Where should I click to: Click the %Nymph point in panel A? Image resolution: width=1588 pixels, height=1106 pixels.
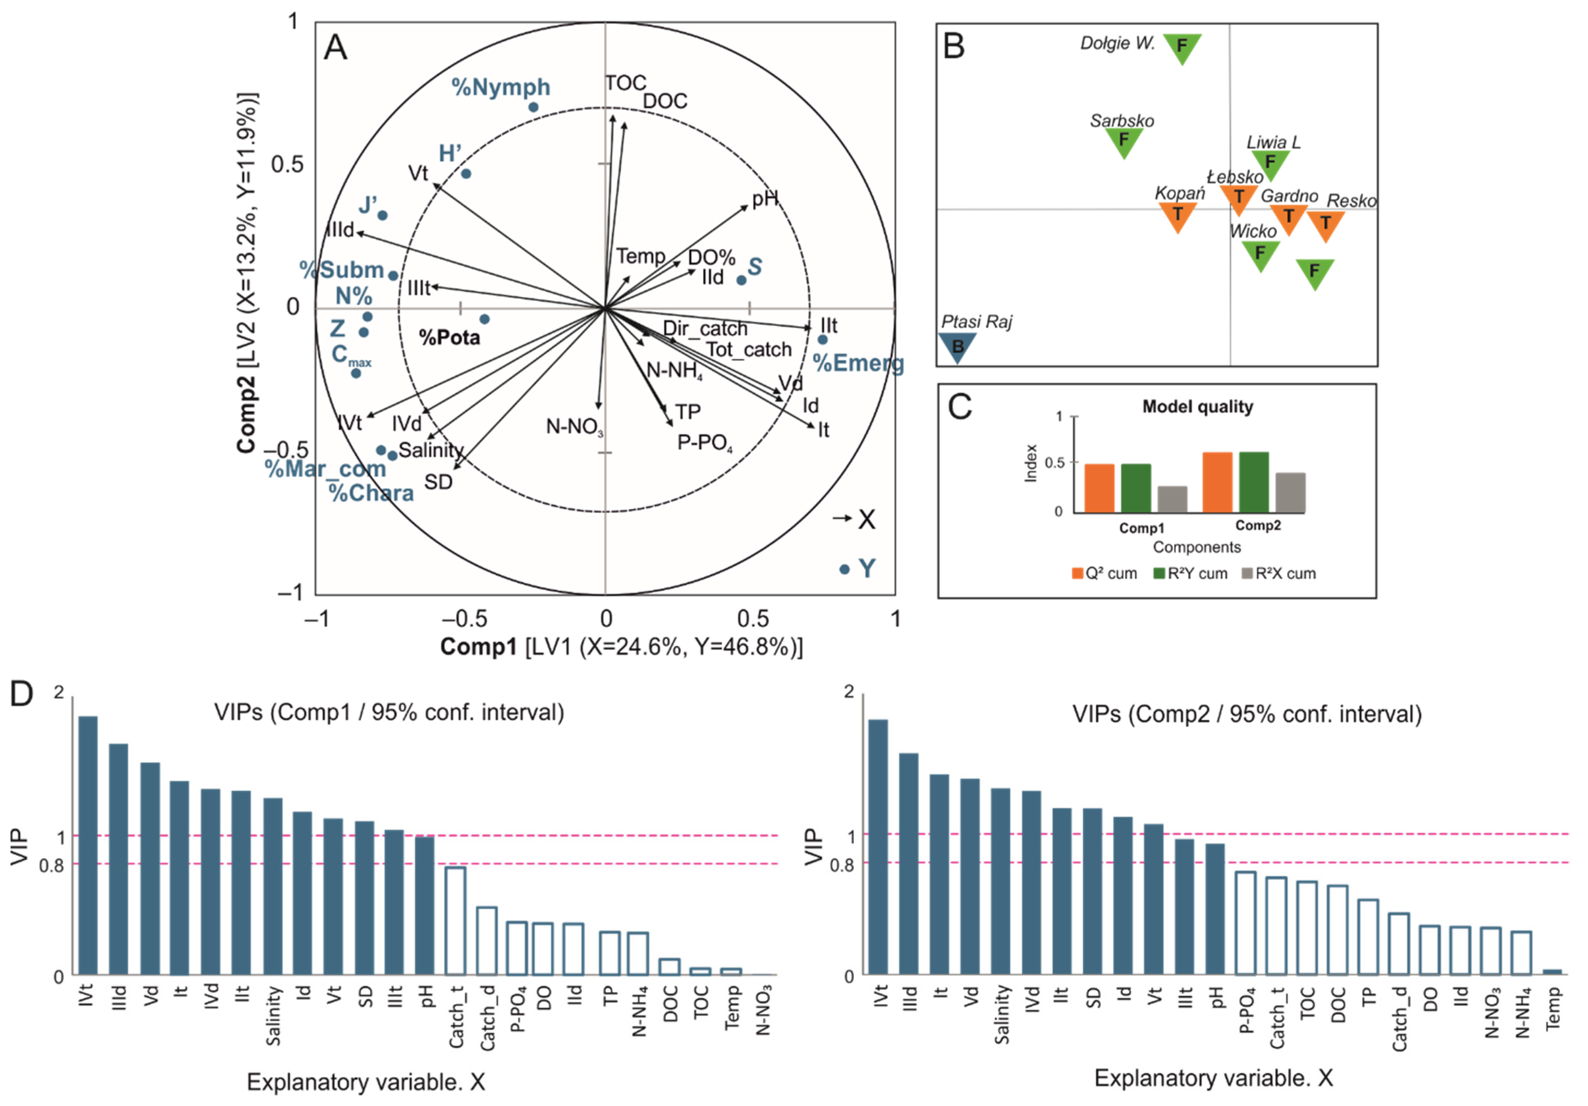click(533, 107)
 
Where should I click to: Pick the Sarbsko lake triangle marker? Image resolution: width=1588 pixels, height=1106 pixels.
click(1124, 141)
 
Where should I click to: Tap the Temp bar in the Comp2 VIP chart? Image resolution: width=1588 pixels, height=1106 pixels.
click(1552, 972)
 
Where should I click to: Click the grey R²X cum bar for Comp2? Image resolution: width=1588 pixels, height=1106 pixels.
click(1290, 492)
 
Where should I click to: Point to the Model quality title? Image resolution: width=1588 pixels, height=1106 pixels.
click(1197, 407)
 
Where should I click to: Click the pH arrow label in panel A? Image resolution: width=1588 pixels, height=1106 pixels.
click(765, 199)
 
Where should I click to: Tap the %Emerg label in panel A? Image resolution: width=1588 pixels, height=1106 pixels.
click(858, 363)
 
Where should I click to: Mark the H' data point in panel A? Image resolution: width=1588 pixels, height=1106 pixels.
click(466, 174)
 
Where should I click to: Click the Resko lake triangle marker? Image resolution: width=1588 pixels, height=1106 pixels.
click(1325, 224)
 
